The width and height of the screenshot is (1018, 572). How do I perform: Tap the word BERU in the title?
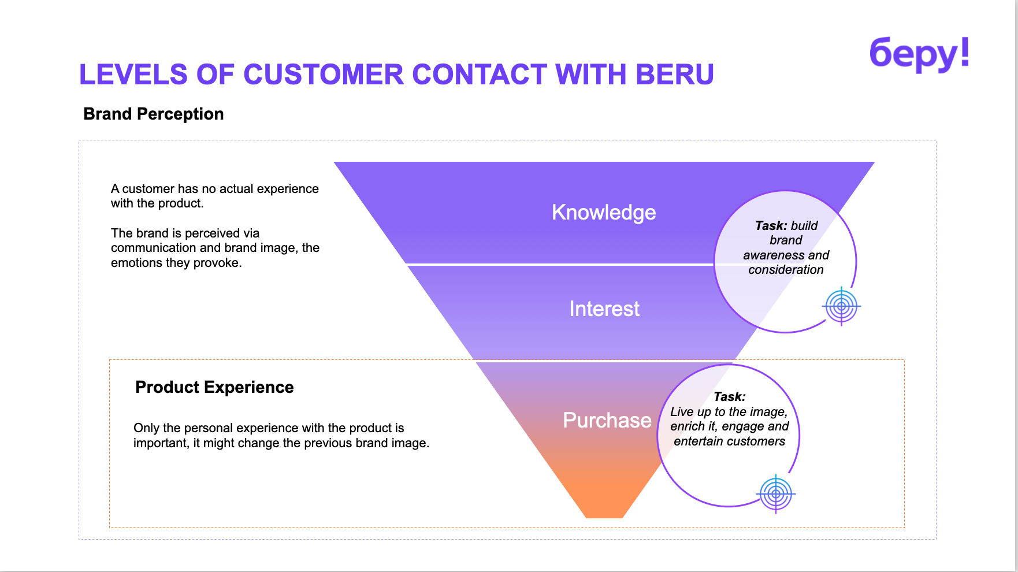(675, 75)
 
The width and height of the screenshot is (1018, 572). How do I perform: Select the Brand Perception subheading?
(153, 114)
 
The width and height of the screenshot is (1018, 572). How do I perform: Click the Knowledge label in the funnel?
(604, 212)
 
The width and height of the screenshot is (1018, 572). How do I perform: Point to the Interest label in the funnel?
(604, 309)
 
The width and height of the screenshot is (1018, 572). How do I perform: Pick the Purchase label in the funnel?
(607, 420)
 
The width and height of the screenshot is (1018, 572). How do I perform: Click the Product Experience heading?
(214, 387)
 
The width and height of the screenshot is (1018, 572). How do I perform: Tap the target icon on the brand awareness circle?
(841, 306)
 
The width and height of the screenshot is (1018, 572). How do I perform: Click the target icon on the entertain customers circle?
(776, 494)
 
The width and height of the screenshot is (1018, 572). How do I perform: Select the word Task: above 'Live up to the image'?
(729, 397)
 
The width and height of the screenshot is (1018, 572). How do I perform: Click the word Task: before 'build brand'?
(771, 226)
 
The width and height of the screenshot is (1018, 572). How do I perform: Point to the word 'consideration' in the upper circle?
(786, 270)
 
